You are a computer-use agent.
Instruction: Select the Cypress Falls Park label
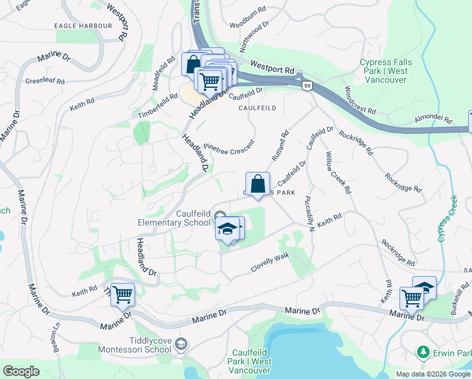tap(384, 66)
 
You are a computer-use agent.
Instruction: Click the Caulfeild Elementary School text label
tap(175, 218)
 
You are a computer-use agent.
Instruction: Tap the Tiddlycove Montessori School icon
tap(181, 344)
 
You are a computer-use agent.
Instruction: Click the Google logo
tap(21, 371)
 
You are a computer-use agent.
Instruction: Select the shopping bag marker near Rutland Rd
tap(257, 185)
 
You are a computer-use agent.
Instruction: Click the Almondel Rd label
tap(434, 119)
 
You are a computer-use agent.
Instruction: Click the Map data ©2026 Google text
tap(432, 374)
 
